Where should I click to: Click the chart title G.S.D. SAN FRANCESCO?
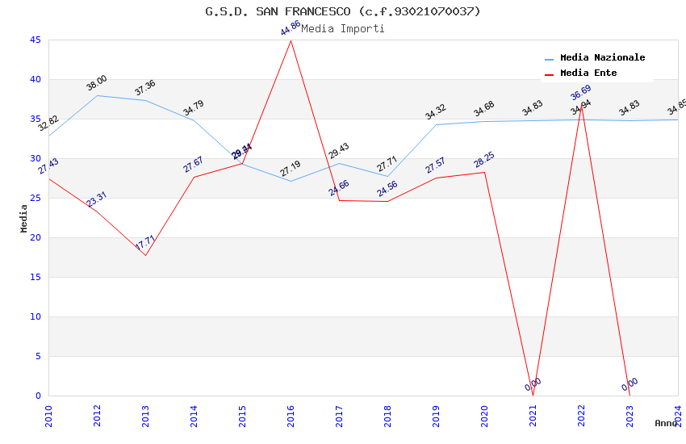tap(343, 11)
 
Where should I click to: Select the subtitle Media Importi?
tap(343, 29)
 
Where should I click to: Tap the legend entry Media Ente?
tap(588, 73)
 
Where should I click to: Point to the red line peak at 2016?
tap(291, 40)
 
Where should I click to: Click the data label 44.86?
tap(291, 28)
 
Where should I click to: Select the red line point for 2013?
tap(145, 255)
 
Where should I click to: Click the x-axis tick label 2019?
tap(436, 413)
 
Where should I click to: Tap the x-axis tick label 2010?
tap(48, 413)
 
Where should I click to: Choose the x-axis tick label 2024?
tap(678, 413)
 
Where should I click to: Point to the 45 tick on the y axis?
tap(35, 40)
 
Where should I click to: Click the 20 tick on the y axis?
tap(35, 237)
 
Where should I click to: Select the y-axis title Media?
tap(24, 218)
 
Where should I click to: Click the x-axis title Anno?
tap(666, 423)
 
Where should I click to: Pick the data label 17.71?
tap(145, 243)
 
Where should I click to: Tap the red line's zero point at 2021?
tap(533, 395)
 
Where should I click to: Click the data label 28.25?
tap(484, 160)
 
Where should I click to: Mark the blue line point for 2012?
tap(97, 95)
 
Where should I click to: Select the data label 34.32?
tap(436, 112)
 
